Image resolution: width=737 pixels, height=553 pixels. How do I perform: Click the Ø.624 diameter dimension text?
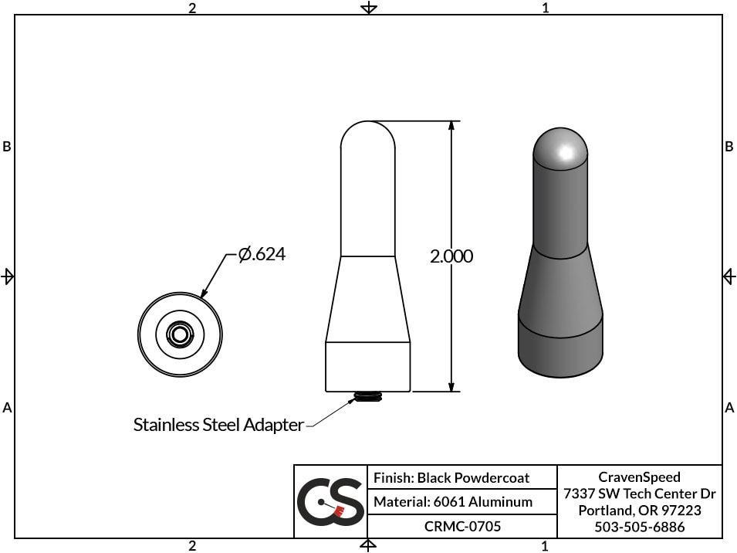coord(262,253)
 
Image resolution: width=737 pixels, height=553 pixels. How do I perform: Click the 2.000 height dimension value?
coord(451,256)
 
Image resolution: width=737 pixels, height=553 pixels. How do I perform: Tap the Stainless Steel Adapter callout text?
coord(218,425)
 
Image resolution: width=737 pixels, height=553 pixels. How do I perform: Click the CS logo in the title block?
coord(330,501)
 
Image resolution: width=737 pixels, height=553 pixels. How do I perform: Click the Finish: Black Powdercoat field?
coord(451,478)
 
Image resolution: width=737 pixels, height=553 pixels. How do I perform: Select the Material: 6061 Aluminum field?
coord(453,502)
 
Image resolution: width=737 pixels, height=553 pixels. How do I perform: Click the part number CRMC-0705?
coord(462,527)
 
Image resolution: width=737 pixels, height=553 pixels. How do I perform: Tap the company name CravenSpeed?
coord(639,477)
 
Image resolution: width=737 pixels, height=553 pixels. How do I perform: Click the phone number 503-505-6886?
coord(639,528)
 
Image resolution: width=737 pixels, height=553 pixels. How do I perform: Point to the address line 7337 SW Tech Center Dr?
coord(639,494)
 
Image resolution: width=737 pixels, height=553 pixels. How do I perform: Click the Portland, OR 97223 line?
coord(639,511)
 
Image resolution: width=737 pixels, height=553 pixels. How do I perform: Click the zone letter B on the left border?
coord(7,147)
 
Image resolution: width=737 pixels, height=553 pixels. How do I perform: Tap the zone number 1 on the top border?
coord(545,8)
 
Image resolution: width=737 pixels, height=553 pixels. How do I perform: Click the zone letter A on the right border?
coord(729,407)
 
